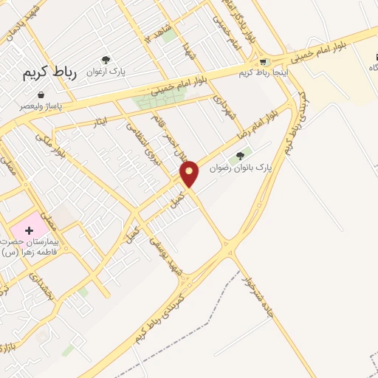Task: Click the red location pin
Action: tap(190, 173)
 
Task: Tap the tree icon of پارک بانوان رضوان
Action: tap(239, 156)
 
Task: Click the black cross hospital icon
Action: tap(29, 231)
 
